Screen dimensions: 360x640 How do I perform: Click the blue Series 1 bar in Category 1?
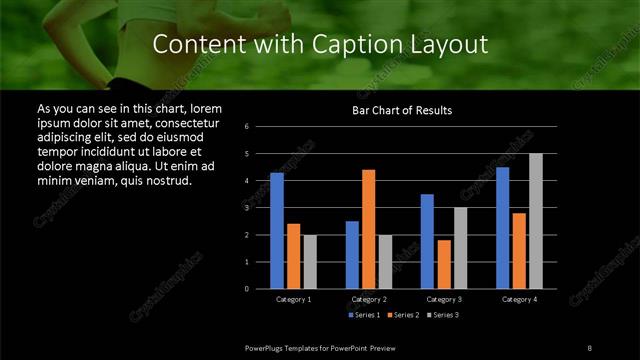point(277,231)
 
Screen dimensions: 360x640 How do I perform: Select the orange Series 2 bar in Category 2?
point(368,229)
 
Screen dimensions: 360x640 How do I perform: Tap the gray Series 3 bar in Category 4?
point(536,221)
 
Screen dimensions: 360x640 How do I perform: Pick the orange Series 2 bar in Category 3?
point(443,264)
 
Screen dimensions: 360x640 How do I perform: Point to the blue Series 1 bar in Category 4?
point(502,228)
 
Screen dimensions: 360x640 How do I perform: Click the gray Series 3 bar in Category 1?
point(310,262)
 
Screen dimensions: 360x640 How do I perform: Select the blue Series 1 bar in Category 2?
point(352,255)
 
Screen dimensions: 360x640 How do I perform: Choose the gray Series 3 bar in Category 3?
point(460,248)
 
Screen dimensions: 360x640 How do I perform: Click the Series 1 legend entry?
point(362,315)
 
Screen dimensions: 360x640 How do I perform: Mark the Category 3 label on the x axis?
point(443,299)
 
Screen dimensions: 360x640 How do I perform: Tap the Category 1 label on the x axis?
point(293,299)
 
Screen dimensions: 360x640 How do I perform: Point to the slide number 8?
point(589,346)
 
